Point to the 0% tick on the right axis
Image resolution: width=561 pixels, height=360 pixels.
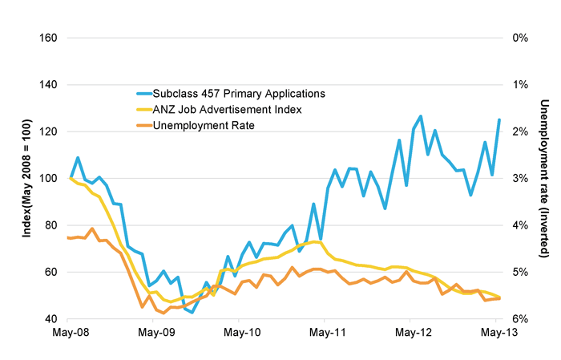click(x=519, y=38)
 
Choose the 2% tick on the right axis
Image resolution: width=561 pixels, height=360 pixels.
click(x=519, y=131)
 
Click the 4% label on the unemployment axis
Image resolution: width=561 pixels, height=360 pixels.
click(x=519, y=225)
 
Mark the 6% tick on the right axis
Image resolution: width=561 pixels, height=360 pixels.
click(x=519, y=319)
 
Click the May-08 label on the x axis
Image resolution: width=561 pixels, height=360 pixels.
click(x=71, y=332)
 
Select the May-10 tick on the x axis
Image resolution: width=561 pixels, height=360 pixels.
click(x=241, y=332)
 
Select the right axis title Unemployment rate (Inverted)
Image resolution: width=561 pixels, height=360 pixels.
click(x=545, y=178)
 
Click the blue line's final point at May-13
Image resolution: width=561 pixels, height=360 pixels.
click(x=499, y=119)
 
